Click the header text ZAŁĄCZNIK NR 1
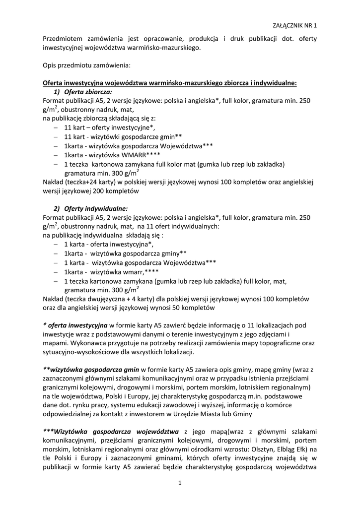coord(295,24)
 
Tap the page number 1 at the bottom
coord(180,484)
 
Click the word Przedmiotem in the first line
coord(62,39)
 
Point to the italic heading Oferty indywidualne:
coord(95,208)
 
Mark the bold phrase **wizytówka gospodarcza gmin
coord(91,370)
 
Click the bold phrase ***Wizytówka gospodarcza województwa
coord(110,431)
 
